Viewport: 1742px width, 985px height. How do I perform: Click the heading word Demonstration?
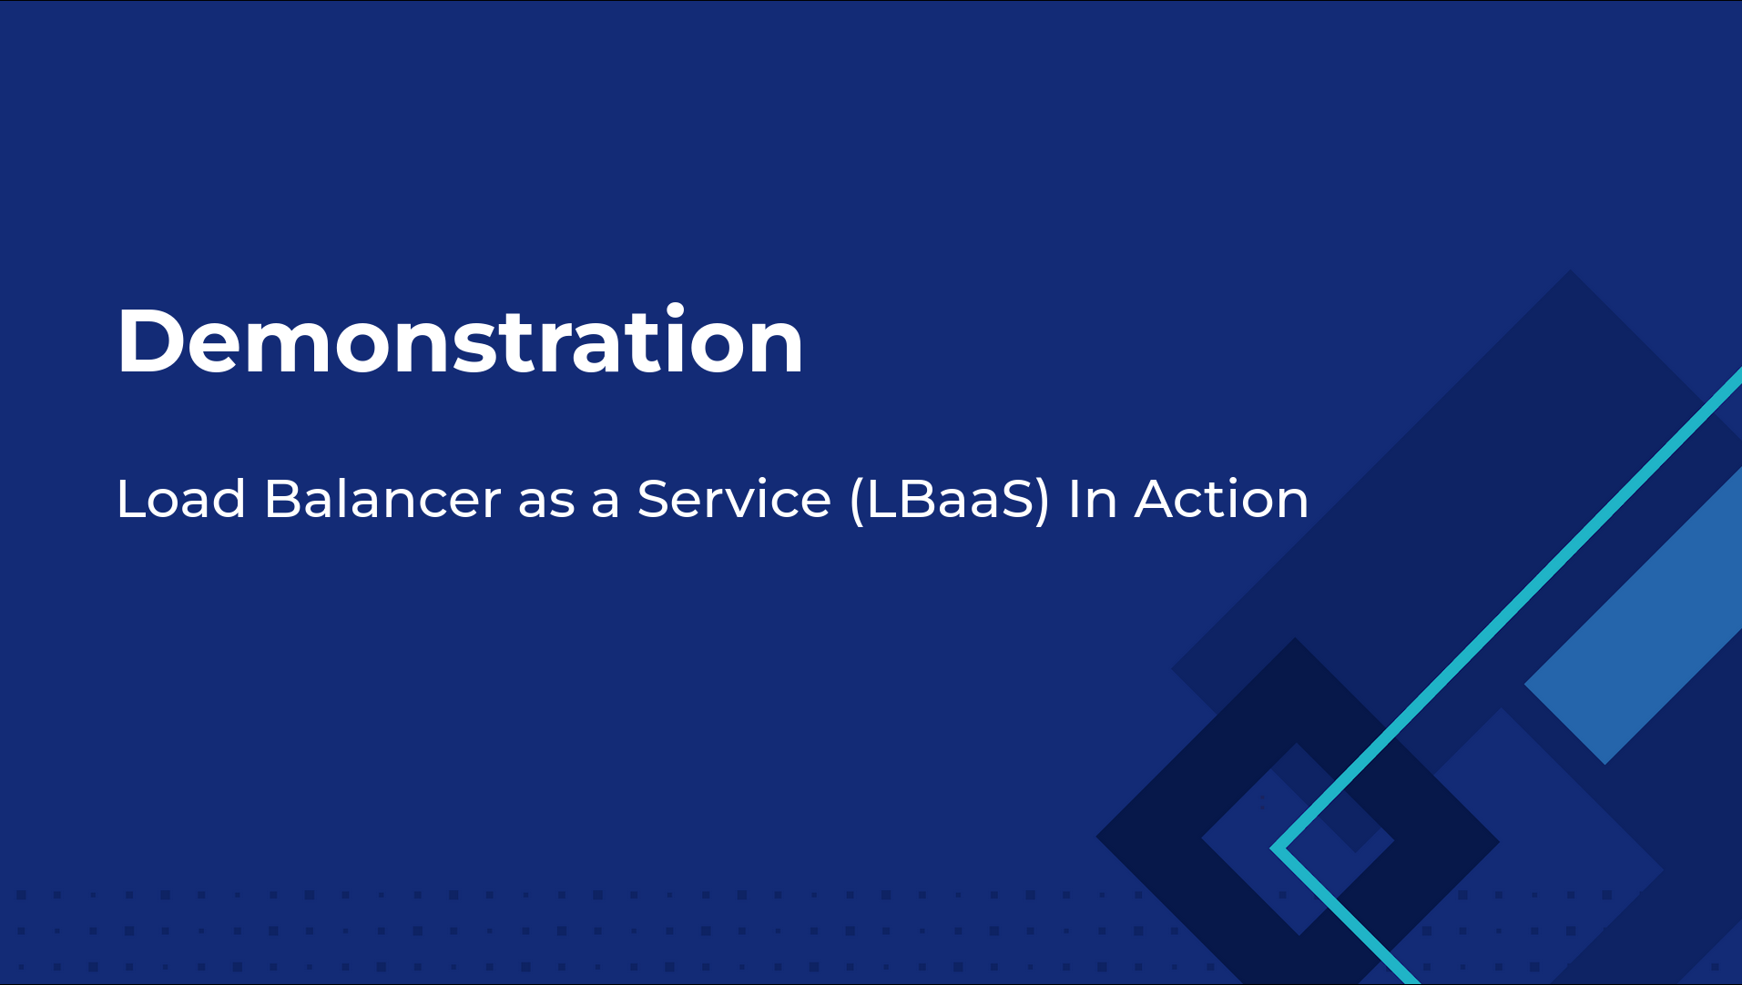click(x=460, y=340)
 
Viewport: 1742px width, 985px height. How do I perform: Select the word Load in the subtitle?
click(x=181, y=499)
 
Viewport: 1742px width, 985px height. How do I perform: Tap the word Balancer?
click(x=382, y=499)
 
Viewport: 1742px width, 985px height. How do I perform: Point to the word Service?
click(x=734, y=499)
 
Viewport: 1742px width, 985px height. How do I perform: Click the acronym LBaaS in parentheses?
click(x=950, y=499)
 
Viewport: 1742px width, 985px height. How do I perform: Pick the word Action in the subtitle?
click(x=1221, y=499)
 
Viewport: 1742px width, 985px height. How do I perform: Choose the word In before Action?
click(x=1093, y=499)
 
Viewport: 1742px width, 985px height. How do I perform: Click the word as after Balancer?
click(x=546, y=504)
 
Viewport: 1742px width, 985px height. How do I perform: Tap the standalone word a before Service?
click(x=606, y=504)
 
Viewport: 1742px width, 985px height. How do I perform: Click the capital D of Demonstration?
click(x=148, y=340)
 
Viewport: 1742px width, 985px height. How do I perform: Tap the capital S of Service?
click(x=655, y=499)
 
